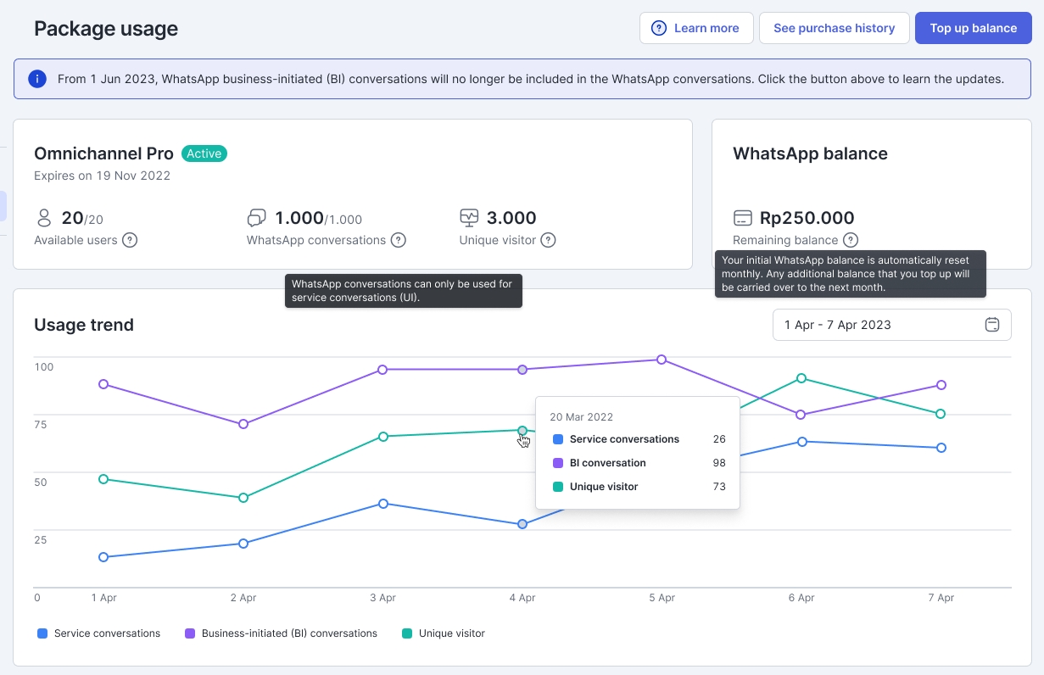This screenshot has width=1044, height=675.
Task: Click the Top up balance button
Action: pyautogui.click(x=973, y=28)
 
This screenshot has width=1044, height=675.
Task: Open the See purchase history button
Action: pyautogui.click(x=834, y=28)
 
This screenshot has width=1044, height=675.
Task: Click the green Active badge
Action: pyautogui.click(x=204, y=153)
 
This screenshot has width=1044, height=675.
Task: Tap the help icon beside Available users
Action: pyautogui.click(x=130, y=240)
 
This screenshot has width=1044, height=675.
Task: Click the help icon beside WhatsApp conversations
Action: pyautogui.click(x=398, y=240)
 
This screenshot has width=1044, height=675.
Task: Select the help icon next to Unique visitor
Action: pyautogui.click(x=548, y=240)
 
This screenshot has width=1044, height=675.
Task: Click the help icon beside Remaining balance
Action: pyautogui.click(x=850, y=240)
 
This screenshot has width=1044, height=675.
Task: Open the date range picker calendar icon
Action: pyautogui.click(x=992, y=325)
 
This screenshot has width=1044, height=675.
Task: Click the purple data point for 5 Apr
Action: pyautogui.click(x=662, y=360)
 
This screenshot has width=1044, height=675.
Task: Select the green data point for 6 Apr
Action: pyautogui.click(x=801, y=378)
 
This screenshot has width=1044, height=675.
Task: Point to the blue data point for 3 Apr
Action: pyautogui.click(x=383, y=504)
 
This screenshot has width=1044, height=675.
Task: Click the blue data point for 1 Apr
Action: pyautogui.click(x=103, y=557)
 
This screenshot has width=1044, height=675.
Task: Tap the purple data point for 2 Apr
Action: pyautogui.click(x=243, y=424)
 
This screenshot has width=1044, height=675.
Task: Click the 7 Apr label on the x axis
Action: pyautogui.click(x=941, y=598)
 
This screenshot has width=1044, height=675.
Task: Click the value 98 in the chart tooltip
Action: pyautogui.click(x=719, y=463)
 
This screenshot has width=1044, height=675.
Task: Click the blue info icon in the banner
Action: pyautogui.click(x=36, y=79)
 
